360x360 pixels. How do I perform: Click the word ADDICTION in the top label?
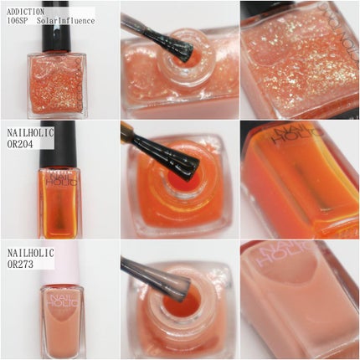(25, 12)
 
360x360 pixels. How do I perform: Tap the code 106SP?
(18, 21)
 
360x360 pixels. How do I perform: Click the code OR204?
(20, 144)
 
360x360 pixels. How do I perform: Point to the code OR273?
(20, 264)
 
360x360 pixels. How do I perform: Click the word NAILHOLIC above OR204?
(30, 133)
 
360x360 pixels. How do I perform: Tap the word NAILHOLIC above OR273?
(31, 253)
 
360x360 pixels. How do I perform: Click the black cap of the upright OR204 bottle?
(58, 144)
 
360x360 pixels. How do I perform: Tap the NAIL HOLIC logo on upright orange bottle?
(61, 179)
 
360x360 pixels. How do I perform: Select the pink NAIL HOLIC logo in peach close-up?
(285, 253)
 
